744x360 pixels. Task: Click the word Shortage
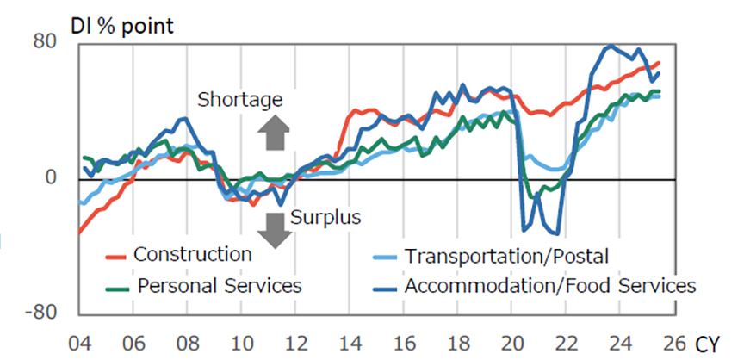239,99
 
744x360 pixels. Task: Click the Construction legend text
192,255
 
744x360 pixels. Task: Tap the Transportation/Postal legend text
506,256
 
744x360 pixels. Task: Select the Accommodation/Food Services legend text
549,285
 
